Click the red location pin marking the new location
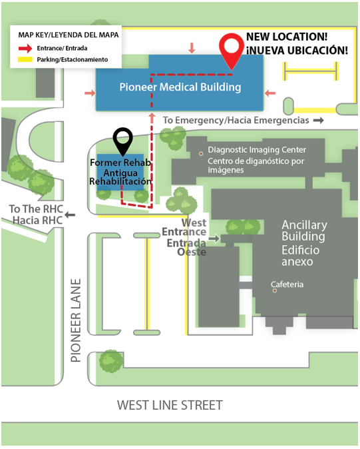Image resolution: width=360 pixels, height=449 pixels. pyautogui.click(x=232, y=51)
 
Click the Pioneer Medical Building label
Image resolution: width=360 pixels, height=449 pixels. pyautogui.click(x=180, y=87)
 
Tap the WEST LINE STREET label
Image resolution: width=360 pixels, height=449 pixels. pyautogui.click(x=170, y=405)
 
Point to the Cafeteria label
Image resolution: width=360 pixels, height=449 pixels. pyautogui.click(x=287, y=285)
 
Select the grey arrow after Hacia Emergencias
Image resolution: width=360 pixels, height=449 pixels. pyautogui.click(x=318, y=120)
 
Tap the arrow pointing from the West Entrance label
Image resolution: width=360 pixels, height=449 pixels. pyautogui.click(x=214, y=238)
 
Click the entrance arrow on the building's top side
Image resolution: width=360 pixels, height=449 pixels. pyautogui.click(x=192, y=48)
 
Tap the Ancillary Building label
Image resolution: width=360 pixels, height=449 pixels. pyautogui.click(x=303, y=230)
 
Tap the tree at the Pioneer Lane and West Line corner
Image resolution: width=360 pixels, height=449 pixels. pyautogui.click(x=109, y=361)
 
